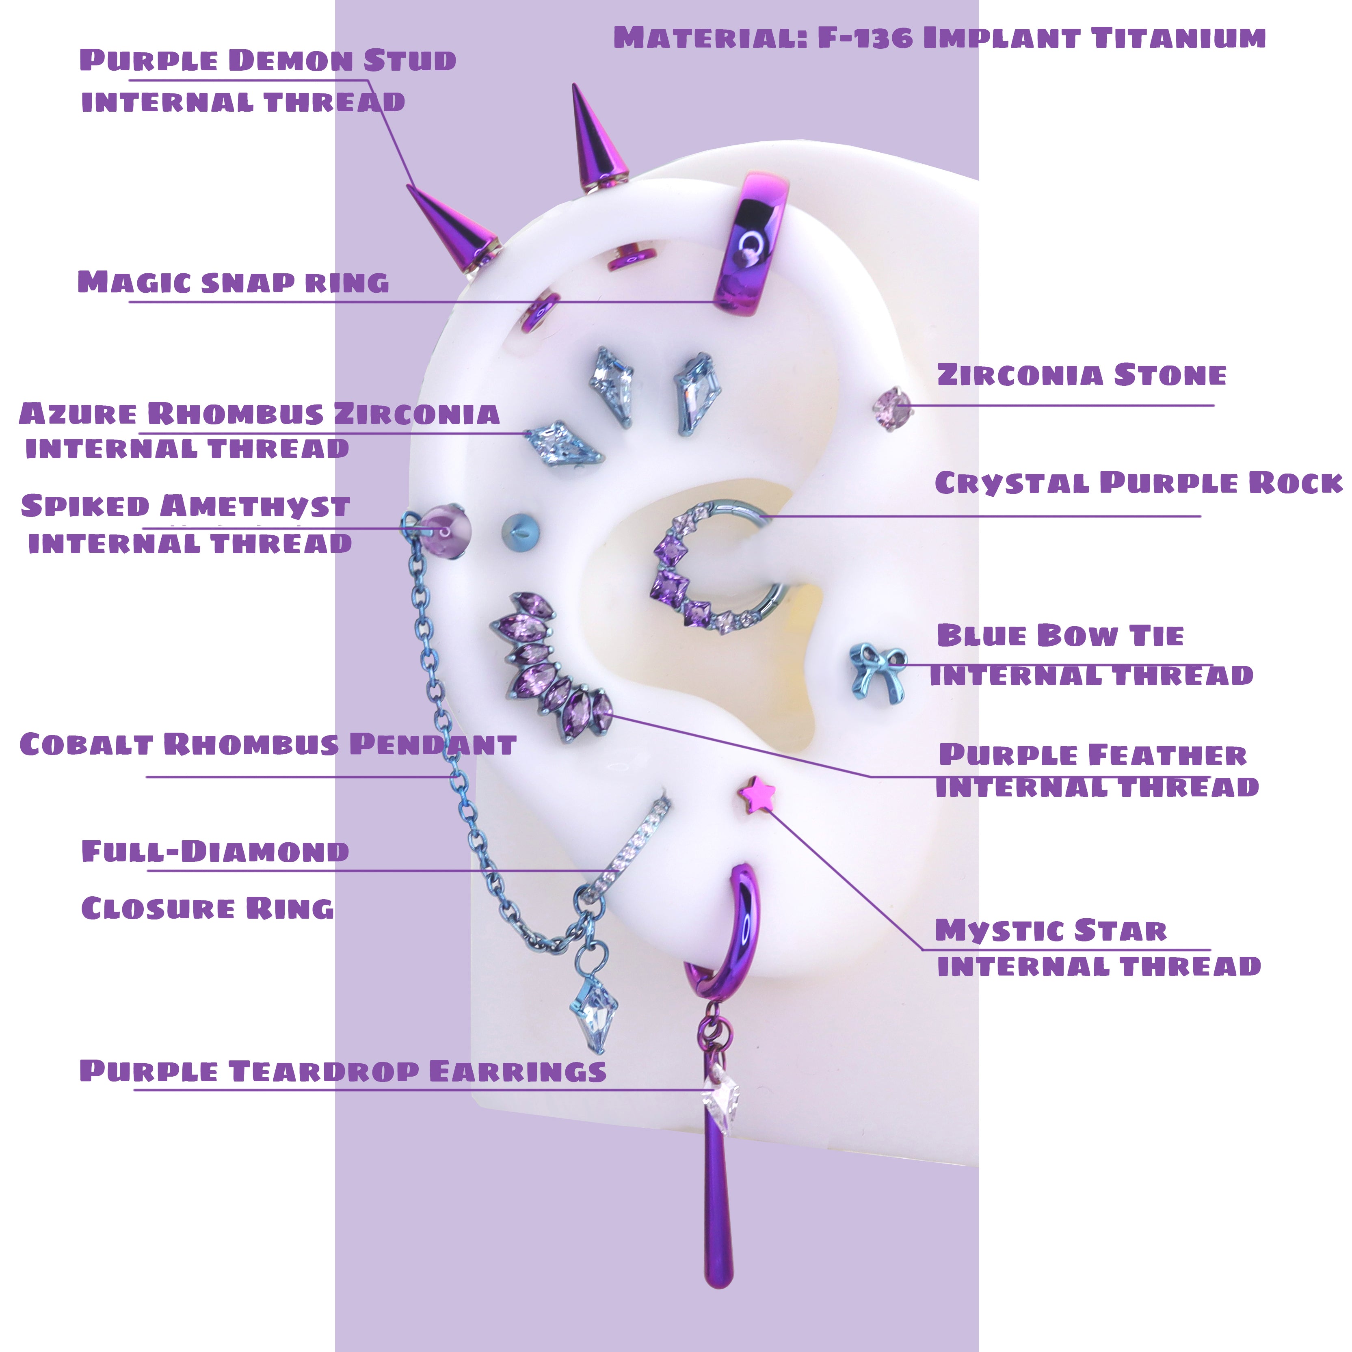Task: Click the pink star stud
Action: pos(757,795)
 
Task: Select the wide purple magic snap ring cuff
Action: pos(749,245)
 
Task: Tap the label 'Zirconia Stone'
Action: pos(1081,375)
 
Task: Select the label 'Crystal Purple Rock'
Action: pos(1138,483)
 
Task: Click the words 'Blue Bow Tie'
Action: pos(1060,636)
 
